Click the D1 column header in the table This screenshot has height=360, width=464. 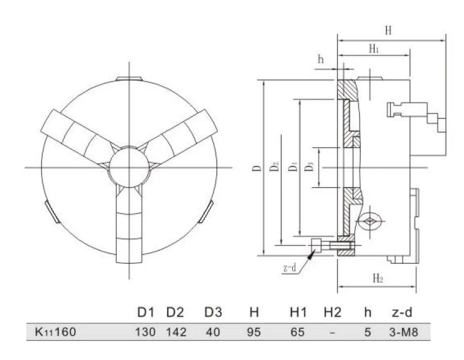tap(145, 312)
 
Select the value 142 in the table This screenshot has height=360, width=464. tap(176, 332)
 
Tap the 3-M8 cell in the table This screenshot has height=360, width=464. tap(403, 332)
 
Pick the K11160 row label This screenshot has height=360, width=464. tap(55, 332)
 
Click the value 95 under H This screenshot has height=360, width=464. tap(254, 332)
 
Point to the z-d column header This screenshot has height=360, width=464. tap(402, 312)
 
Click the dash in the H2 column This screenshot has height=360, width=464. tap(332, 333)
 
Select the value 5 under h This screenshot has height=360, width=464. tap(367, 332)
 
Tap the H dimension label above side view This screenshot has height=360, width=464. tap(388, 30)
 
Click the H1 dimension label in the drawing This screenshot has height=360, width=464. tap(374, 49)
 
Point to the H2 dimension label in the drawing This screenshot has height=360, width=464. tap(378, 278)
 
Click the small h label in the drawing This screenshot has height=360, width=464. tap(321, 59)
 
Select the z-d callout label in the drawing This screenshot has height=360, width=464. tap(289, 268)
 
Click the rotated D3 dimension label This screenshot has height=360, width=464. tap(309, 167)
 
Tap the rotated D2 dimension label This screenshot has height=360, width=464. tap(274, 167)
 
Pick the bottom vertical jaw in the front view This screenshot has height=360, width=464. tap(129, 225)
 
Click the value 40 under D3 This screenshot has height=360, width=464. tap(213, 332)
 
